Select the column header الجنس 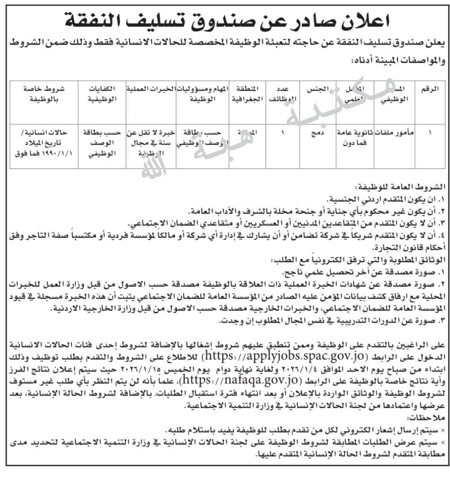(x=317, y=89)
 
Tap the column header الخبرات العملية (x=151, y=89)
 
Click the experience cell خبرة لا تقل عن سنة (x=151, y=141)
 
